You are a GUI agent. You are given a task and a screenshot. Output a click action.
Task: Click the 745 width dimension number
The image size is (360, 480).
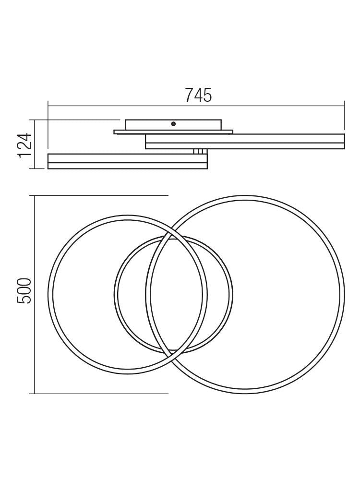[198, 96]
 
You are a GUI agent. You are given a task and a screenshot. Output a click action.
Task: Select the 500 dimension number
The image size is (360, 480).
[24, 290]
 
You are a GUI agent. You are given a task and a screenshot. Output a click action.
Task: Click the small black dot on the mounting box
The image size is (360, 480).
[173, 124]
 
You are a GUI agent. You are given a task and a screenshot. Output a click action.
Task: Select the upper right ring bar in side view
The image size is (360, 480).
[288, 141]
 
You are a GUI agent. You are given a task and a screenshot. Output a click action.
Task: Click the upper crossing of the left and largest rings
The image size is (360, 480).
[169, 234]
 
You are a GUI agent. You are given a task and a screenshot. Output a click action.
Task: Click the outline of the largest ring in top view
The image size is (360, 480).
[342, 295]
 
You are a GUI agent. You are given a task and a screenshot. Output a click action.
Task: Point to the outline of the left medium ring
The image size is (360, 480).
[50, 295]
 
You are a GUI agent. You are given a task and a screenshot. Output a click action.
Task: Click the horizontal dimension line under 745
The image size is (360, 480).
[120, 106]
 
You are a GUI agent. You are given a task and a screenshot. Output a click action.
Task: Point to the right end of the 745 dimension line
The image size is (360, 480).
[344, 106]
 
